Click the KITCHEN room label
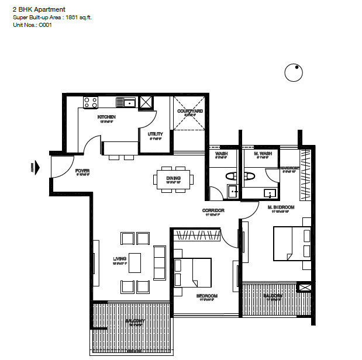[106, 117]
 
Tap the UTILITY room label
[156, 134]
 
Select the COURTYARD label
[189, 111]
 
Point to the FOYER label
[82, 171]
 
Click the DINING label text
[173, 178]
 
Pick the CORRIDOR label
[213, 210]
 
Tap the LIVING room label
[120, 259]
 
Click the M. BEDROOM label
[281, 207]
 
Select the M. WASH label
[263, 154]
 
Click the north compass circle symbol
[294, 73]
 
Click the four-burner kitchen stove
[90, 102]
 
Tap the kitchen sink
[127, 103]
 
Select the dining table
[174, 179]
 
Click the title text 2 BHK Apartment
[39, 9]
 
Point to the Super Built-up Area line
[52, 18]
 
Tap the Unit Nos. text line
[33, 26]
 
